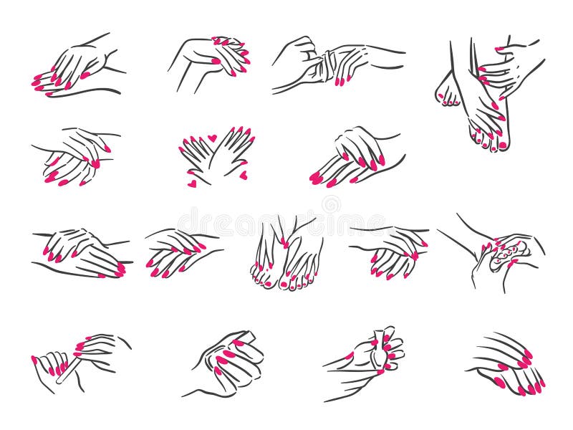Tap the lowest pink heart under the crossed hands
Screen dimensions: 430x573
point(192,184)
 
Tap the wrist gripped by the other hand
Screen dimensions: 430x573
point(327,66)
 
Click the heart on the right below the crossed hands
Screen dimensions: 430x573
point(243,174)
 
